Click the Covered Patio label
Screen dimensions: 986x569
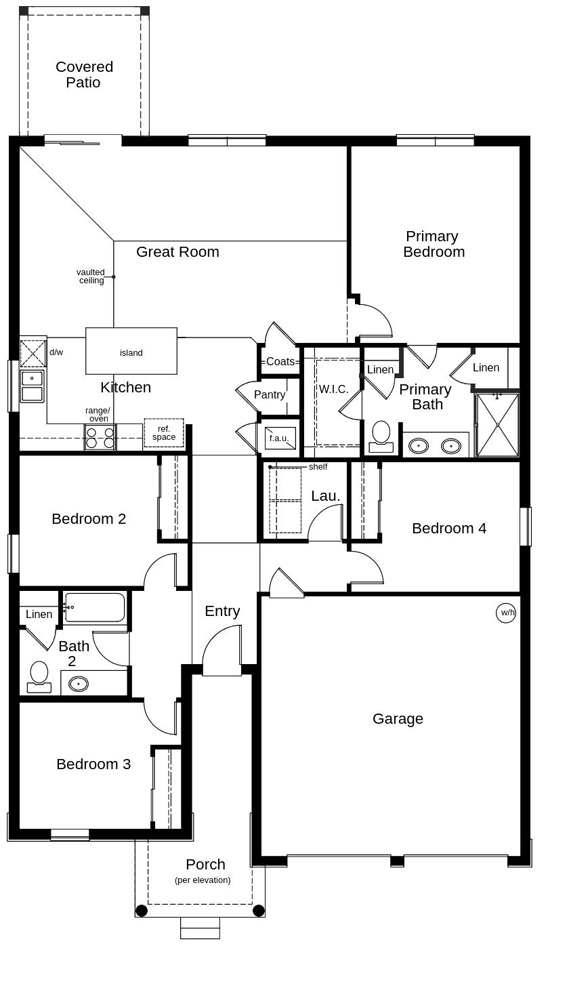point(84,75)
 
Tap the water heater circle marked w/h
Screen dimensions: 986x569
point(506,613)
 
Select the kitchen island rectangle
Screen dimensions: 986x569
point(131,351)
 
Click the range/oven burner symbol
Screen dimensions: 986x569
point(100,438)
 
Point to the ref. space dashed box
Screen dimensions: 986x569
point(164,433)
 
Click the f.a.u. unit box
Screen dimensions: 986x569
point(279,438)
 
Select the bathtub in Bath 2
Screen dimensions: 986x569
point(95,607)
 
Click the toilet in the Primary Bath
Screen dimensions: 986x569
point(381,436)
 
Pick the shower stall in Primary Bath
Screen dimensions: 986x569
point(498,425)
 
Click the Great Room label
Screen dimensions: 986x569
point(177,251)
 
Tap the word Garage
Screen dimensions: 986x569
point(398,718)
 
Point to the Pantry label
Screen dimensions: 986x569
point(270,394)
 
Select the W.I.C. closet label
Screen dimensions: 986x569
point(333,389)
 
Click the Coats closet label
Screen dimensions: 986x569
point(280,361)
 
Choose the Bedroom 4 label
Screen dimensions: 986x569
point(449,528)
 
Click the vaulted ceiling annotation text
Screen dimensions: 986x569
point(91,276)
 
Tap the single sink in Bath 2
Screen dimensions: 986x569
point(79,684)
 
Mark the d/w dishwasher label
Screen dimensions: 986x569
point(56,352)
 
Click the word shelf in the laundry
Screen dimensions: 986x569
point(318,467)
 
